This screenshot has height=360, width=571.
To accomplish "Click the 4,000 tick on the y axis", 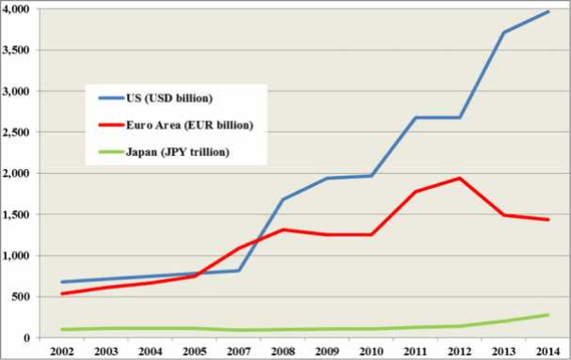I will click(x=19, y=9).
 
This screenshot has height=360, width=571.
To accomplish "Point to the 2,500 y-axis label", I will click(x=19, y=133).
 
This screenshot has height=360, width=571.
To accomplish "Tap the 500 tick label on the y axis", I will click(x=24, y=297).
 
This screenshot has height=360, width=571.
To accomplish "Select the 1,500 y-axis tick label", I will click(x=19, y=214).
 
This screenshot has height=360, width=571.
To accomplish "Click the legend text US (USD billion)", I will click(x=169, y=98).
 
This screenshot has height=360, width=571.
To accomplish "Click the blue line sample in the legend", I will click(x=112, y=98).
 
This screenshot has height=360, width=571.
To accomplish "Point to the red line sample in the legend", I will click(x=112, y=125).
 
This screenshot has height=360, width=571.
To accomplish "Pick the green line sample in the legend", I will click(x=112, y=152).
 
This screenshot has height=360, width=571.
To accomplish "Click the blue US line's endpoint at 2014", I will click(x=547, y=12).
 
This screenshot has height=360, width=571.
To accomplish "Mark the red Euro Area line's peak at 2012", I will click(x=459, y=178).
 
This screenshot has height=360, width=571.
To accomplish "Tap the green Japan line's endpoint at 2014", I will click(x=547, y=315).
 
